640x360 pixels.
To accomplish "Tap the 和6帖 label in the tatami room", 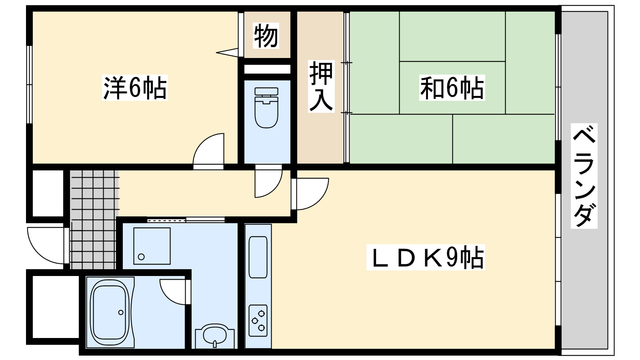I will coord(452,88).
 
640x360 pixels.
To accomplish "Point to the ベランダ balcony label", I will coord(584,176).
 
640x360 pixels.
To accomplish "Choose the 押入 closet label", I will coord(321,86).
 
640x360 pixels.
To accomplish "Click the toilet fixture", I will coord(266,108).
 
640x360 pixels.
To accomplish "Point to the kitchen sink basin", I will coord(258,256).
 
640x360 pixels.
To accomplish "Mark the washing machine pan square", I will coord(152,246).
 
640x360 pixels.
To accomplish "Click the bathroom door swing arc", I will coord(173,292).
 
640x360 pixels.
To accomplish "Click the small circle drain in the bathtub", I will coord(120,312).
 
